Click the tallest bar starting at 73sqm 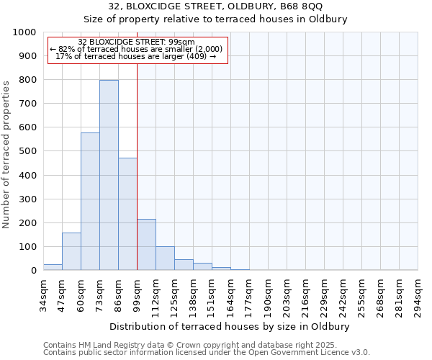[x=109, y=175]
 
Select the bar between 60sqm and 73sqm [x=90, y=202]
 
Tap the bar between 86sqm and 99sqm [x=127, y=214]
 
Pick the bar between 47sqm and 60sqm [x=71, y=251]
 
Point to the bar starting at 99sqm [x=146, y=245]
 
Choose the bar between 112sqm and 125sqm [x=165, y=258]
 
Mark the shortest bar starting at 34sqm [x=53, y=267]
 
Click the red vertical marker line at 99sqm [x=137, y=166]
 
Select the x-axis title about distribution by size [x=230, y=327]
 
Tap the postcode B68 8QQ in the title [x=303, y=7]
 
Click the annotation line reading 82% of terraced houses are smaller [x=137, y=49]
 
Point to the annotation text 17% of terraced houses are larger [x=137, y=56]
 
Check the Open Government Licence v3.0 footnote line [x=207, y=353]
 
